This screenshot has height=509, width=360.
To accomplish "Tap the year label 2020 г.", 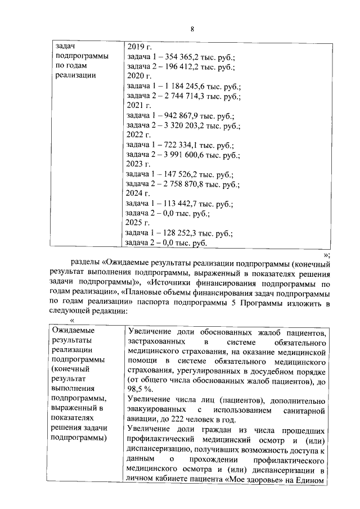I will point(139,76).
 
